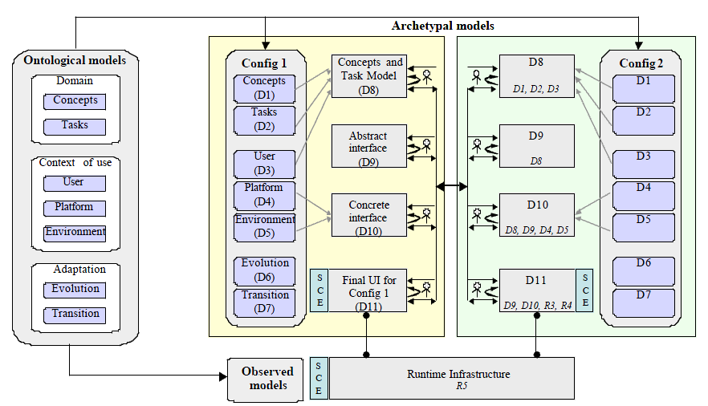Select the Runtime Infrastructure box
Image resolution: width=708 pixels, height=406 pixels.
tap(452, 379)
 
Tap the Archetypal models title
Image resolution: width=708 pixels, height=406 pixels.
tap(442, 26)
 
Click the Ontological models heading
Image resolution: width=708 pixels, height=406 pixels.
tap(75, 60)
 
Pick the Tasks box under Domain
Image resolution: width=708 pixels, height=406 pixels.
tap(75, 127)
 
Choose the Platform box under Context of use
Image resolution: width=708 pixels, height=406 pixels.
tap(75, 209)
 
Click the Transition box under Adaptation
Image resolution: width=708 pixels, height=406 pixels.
tap(75, 315)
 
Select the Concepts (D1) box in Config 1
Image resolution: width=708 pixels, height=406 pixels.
tap(264, 88)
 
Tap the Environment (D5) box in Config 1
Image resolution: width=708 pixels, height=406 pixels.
tap(265, 227)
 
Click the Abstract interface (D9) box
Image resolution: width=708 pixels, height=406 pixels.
tap(369, 146)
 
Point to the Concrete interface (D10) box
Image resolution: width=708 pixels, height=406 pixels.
tap(369, 215)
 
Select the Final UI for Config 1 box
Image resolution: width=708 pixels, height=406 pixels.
tap(367, 290)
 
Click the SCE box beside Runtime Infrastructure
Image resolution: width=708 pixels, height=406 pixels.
tap(319, 379)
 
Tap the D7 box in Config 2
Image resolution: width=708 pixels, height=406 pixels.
tap(644, 302)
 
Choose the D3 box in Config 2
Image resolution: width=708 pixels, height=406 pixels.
tap(644, 164)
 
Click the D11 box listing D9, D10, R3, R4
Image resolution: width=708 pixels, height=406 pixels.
tap(537, 290)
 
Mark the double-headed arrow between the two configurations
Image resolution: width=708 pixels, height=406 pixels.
tap(451, 186)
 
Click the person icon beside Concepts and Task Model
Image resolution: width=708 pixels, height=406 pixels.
tap(427, 76)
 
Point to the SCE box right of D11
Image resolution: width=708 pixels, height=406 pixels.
tap(584, 290)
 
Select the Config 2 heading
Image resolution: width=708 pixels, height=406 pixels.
tap(641, 63)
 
